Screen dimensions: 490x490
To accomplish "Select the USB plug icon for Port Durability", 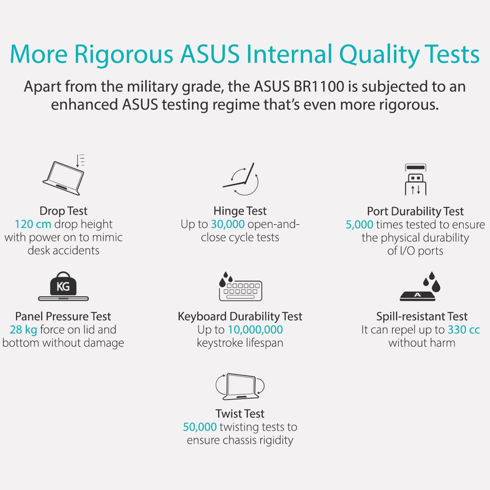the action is pos(416,179).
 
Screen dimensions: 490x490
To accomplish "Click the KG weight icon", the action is pos(64,286).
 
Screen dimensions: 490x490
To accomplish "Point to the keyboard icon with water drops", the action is pos(240,286).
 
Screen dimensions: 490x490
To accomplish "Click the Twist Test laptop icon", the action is pos(240,386).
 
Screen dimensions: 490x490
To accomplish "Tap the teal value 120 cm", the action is pos(33,224).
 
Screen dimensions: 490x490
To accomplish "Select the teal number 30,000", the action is pos(228,224).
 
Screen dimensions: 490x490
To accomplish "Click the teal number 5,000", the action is pos(360,224).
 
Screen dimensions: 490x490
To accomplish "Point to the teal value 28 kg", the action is pos(23,330).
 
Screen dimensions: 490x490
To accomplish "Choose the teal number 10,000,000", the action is pos(255,330).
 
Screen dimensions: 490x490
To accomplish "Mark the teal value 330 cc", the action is pos(464,330).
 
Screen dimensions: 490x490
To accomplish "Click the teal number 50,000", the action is pos(200,427).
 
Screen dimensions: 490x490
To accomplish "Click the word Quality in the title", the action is pos(379,55).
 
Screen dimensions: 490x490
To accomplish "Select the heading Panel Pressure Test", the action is pos(63,316).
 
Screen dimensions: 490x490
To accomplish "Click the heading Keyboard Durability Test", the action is pos(240,317).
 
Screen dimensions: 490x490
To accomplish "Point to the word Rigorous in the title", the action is pos(124,55).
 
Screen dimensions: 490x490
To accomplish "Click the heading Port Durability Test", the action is pos(415,211).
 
